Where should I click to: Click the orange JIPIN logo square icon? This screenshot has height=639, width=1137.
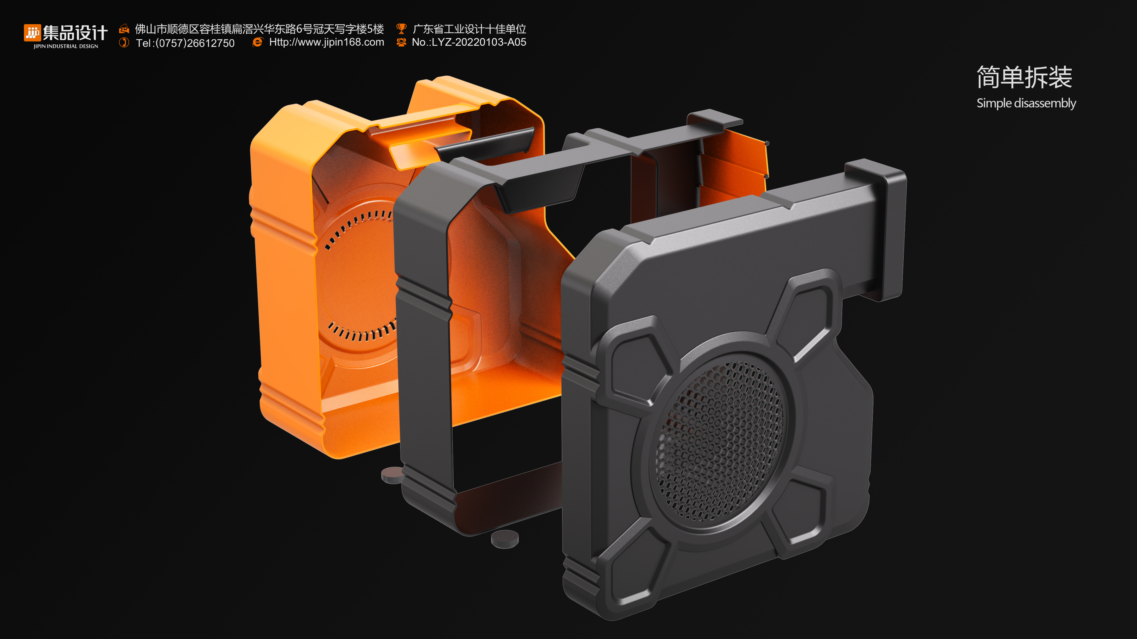[x=32, y=33]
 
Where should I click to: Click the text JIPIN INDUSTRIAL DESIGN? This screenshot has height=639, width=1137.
[x=66, y=46]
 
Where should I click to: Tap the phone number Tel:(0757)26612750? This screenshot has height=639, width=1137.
[x=185, y=43]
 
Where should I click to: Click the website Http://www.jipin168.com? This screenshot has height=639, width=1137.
[x=326, y=42]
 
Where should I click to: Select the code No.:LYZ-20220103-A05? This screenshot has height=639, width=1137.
[x=469, y=42]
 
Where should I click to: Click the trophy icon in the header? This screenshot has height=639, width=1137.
[x=401, y=29]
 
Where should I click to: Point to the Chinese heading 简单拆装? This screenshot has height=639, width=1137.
[x=1024, y=77]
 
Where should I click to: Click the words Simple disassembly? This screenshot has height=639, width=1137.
[x=1026, y=103]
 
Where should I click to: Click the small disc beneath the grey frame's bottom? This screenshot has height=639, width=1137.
[x=505, y=538]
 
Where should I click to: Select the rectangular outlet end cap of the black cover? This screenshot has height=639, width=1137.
[x=876, y=230]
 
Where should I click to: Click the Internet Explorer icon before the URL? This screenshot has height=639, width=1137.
[x=257, y=42]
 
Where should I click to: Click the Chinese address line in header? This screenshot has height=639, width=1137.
[x=259, y=29]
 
